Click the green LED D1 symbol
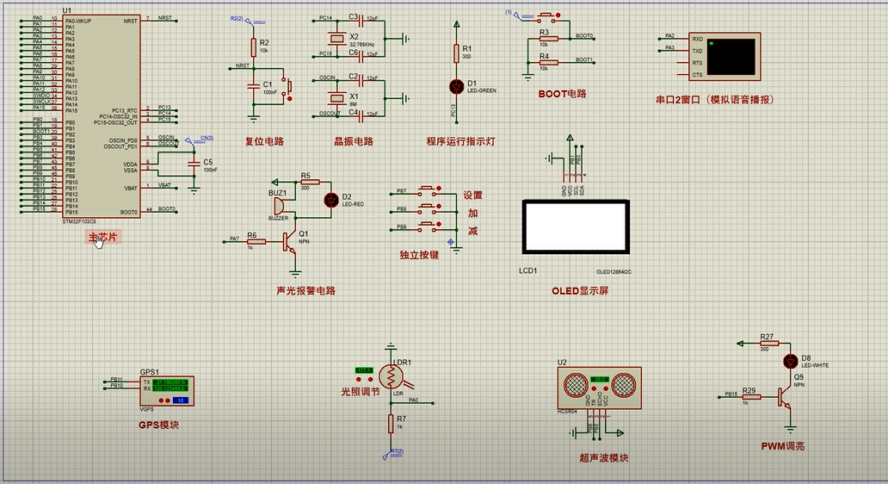pyautogui.click(x=457, y=86)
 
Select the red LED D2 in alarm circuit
pyautogui.click(x=330, y=200)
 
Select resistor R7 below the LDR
pyautogui.click(x=389, y=424)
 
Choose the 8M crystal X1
pyautogui.click(x=354, y=96)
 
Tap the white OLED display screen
pyautogui.click(x=576, y=226)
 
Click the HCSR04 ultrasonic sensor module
pyautogui.click(x=600, y=385)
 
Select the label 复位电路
pyautogui.click(x=264, y=141)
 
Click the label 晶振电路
pyautogui.click(x=354, y=141)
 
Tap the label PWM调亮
pyautogui.click(x=783, y=446)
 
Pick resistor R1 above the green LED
pyautogui.click(x=457, y=54)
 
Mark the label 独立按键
pyautogui.click(x=419, y=256)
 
